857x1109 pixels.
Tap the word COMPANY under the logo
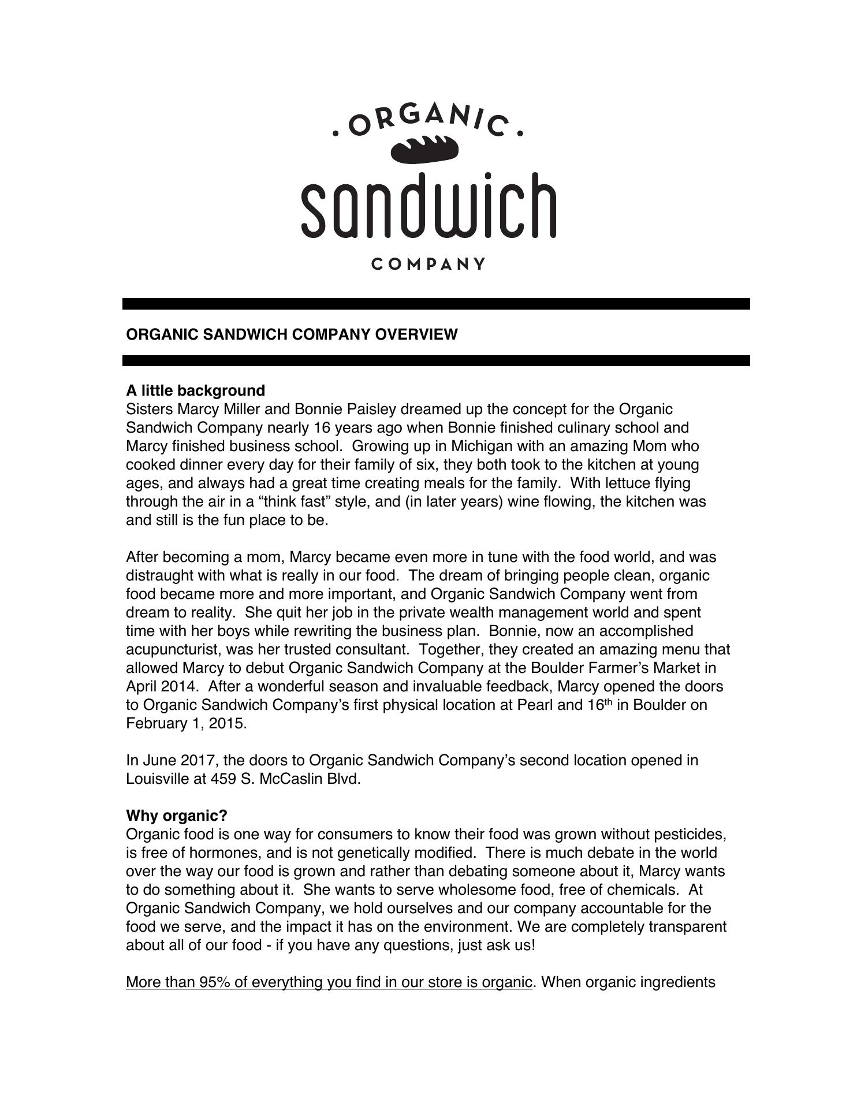coord(428,264)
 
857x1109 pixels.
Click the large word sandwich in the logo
coord(428,206)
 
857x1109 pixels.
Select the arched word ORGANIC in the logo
coord(428,121)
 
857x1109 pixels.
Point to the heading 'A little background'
coord(195,390)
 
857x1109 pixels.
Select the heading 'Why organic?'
coord(177,816)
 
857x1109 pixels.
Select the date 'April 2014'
coord(162,686)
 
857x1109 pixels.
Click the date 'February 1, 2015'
coord(186,723)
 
